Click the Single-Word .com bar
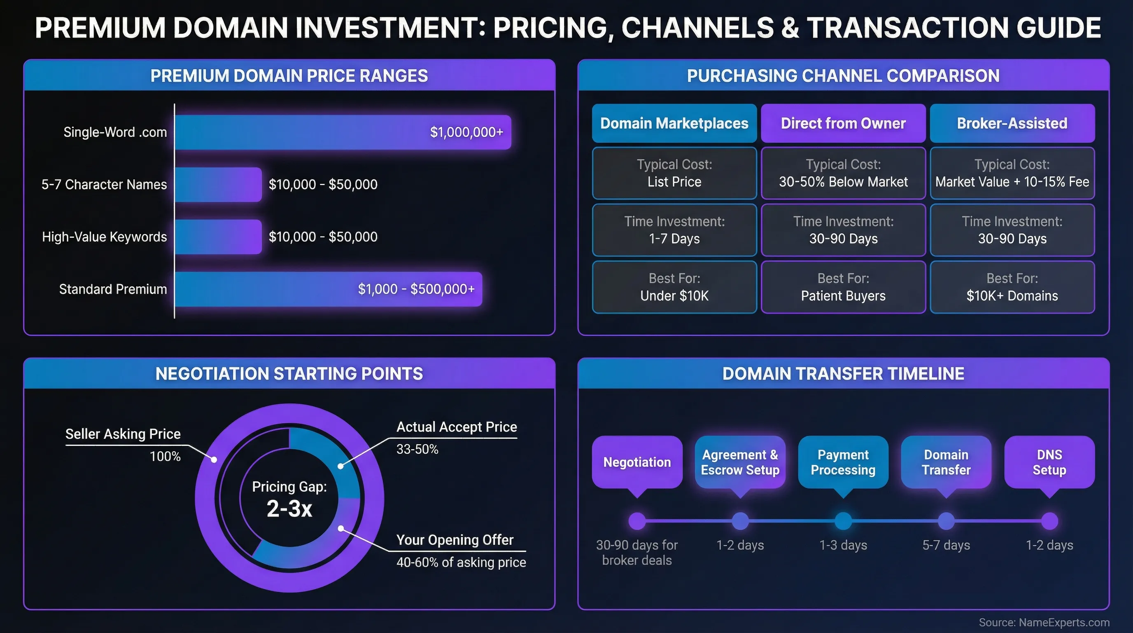click(x=343, y=132)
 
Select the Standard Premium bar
click(x=328, y=289)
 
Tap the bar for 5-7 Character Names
click(x=218, y=185)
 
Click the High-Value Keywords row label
click(x=104, y=237)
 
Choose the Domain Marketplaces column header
click(x=674, y=123)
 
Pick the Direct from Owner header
click(x=843, y=123)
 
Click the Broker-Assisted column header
click(x=1012, y=123)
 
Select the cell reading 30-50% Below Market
click(x=843, y=173)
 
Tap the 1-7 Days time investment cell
click(x=674, y=230)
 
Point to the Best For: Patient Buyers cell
click(x=843, y=287)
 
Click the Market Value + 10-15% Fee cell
click(x=1012, y=173)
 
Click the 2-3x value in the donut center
click(x=289, y=509)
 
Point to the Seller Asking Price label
click(x=123, y=434)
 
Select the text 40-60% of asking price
click(x=461, y=562)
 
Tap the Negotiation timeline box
click(x=637, y=462)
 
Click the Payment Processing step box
click(x=843, y=462)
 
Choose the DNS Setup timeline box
click(x=1049, y=462)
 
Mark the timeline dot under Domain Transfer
click(x=946, y=521)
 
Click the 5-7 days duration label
click(x=946, y=545)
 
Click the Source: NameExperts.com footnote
click(x=1044, y=622)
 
